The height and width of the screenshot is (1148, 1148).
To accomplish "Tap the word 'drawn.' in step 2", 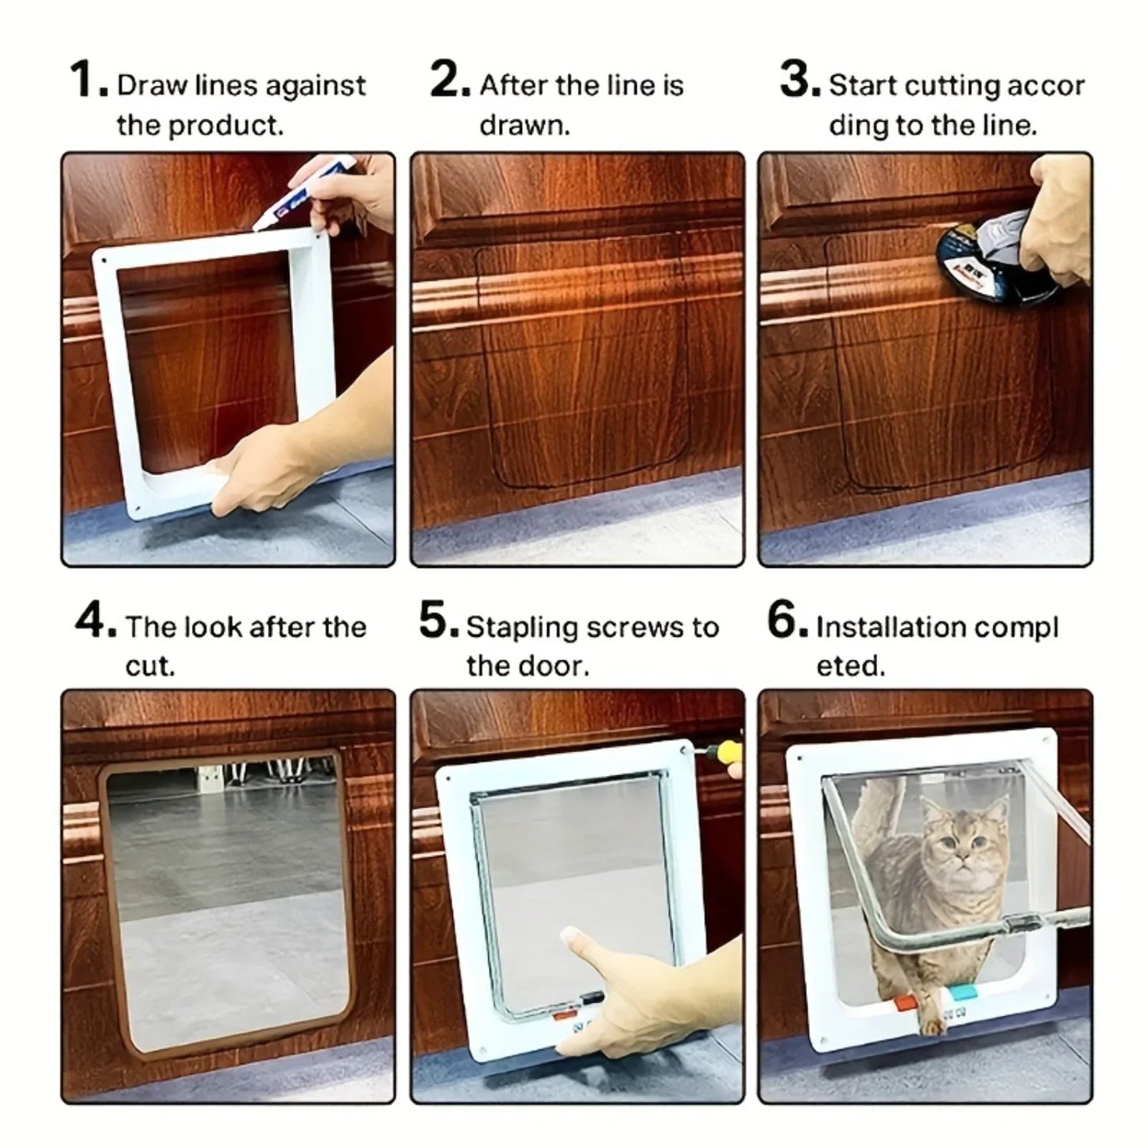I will (x=524, y=126).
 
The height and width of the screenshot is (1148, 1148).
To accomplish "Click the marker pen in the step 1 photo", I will (x=294, y=207).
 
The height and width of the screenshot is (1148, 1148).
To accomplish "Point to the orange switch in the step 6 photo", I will (x=906, y=1002).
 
